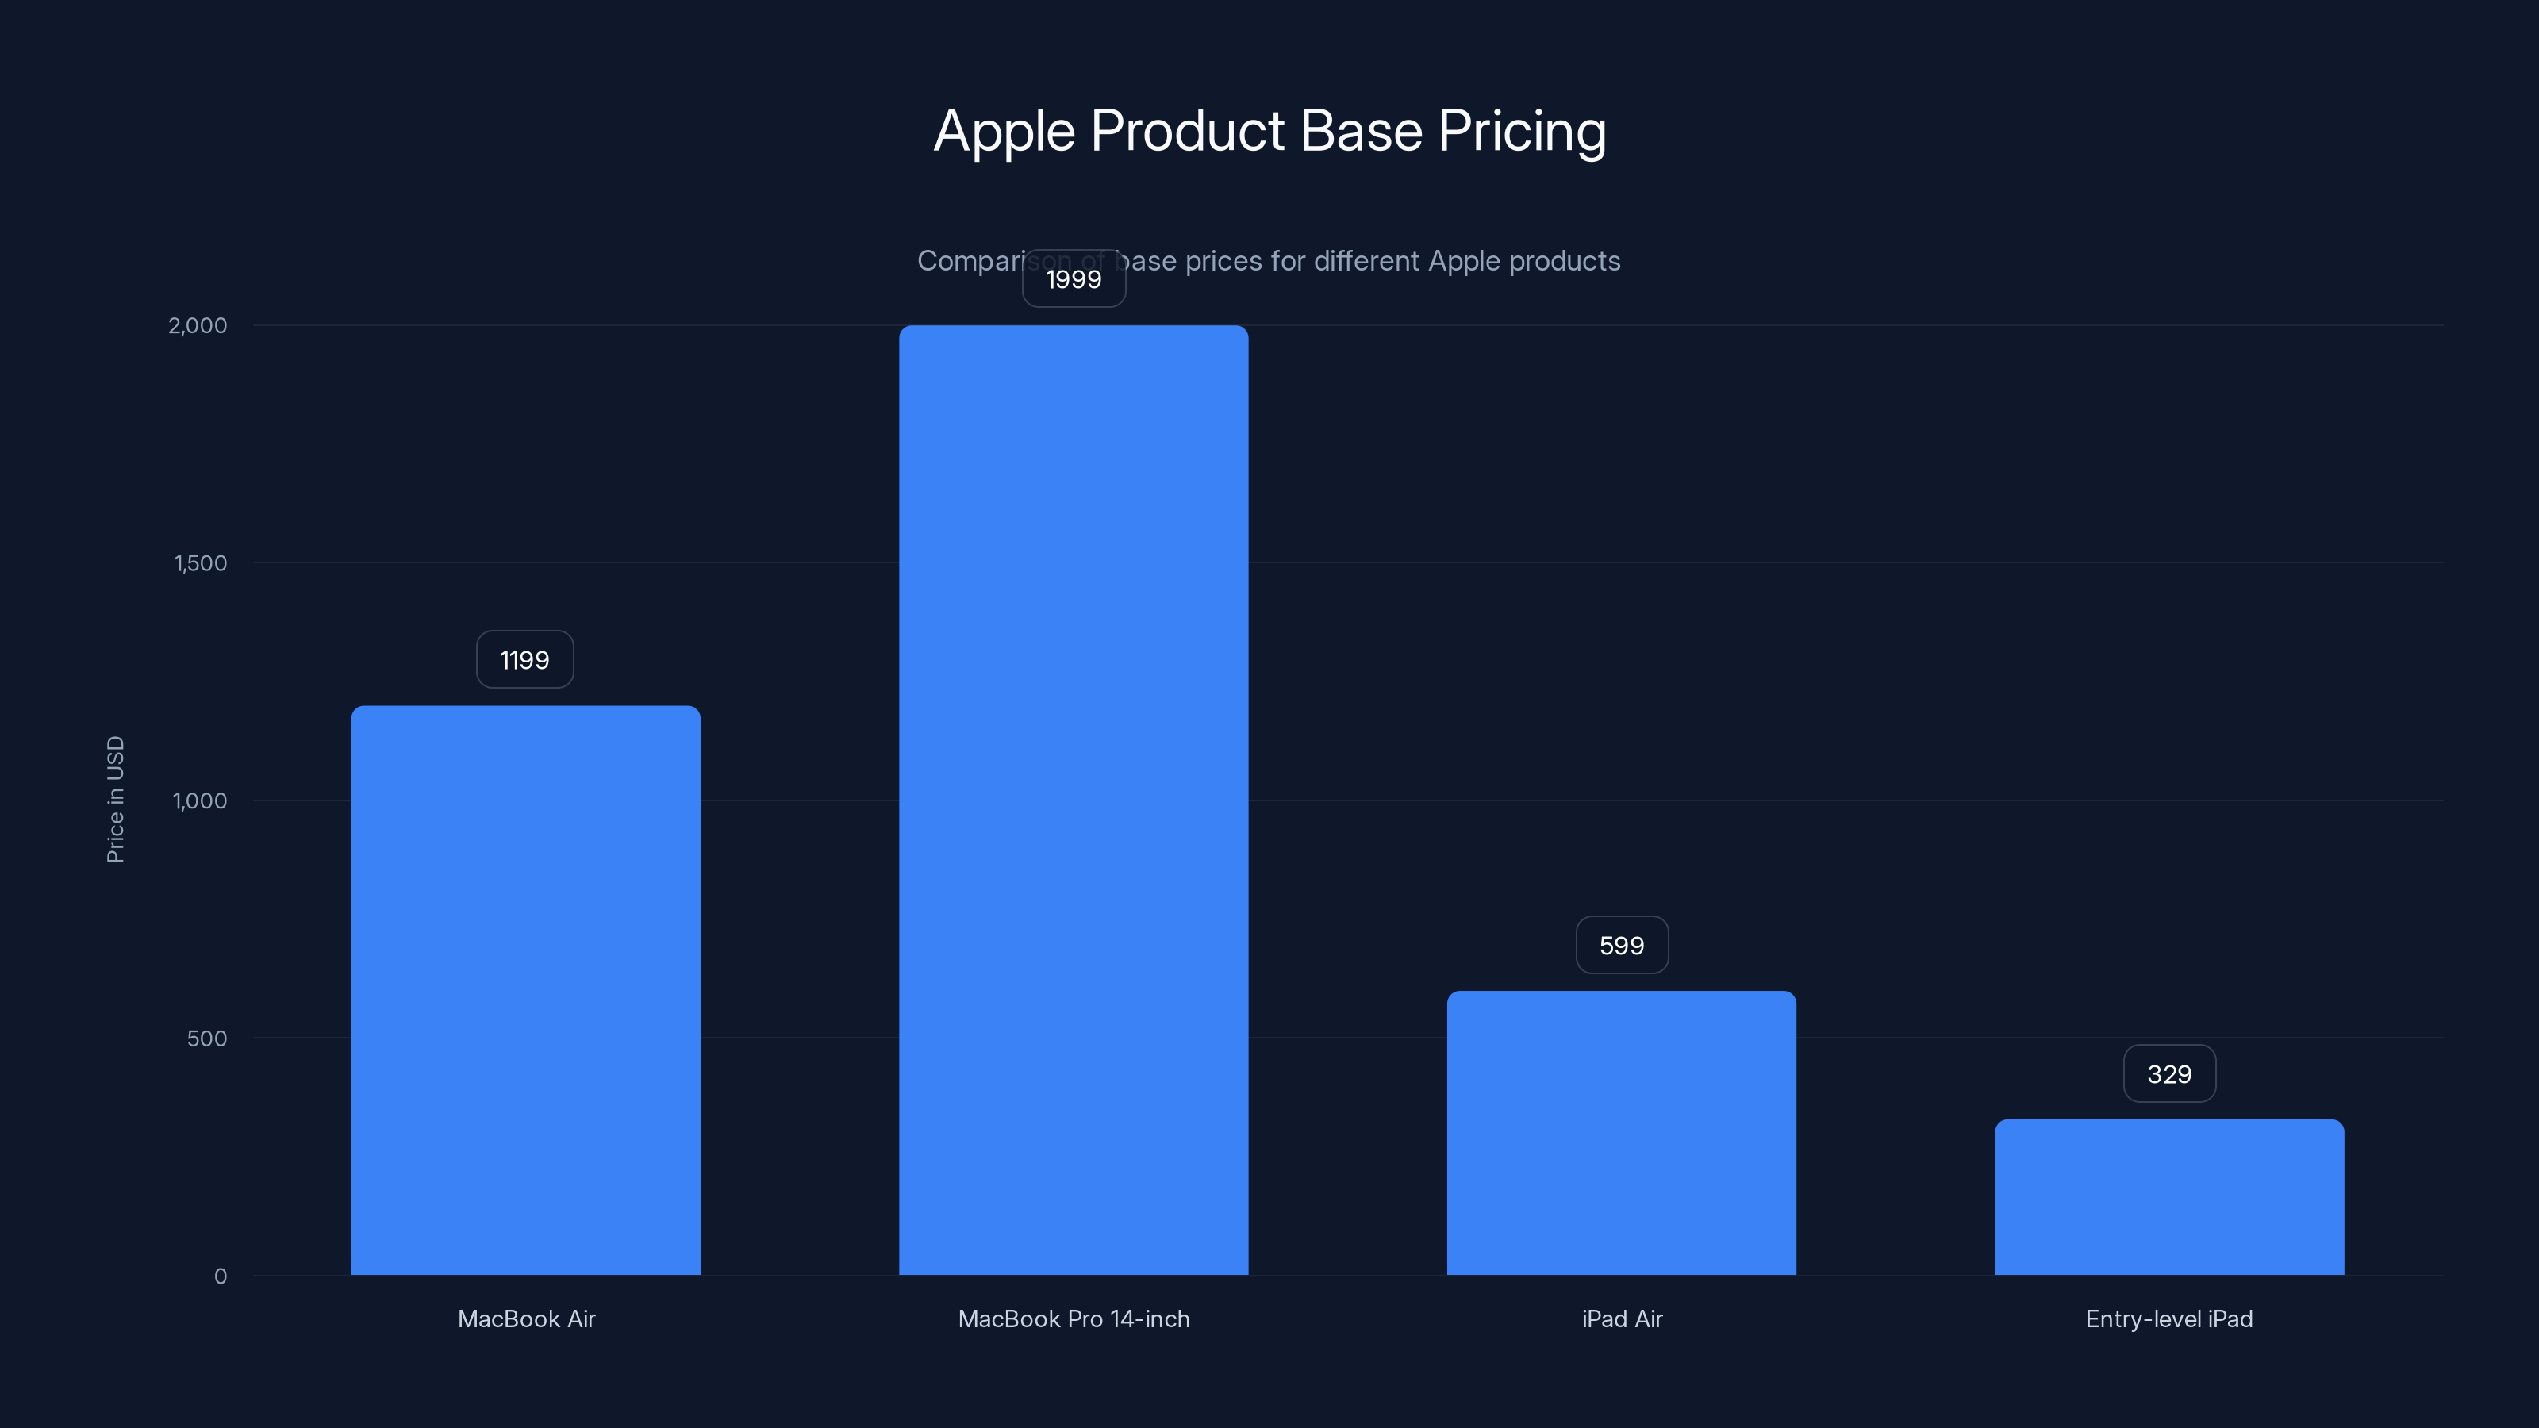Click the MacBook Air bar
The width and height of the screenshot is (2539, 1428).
pos(525,989)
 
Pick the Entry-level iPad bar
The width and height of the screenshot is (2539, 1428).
pos(2169,1196)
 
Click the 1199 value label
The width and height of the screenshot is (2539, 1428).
pos(524,659)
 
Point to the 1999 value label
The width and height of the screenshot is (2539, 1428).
pos(1074,279)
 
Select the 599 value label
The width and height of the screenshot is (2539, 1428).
pos(1621,945)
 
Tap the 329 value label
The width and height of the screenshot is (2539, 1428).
pos(2169,1073)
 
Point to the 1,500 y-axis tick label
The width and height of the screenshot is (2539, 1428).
pos(200,562)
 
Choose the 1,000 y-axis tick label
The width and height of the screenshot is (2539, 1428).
pos(200,800)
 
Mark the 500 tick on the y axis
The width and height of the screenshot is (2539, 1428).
pos(207,1038)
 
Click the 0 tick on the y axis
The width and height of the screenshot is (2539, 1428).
pos(221,1276)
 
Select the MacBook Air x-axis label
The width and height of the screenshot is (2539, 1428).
pos(526,1319)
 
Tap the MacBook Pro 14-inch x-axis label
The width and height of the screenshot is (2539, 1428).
pos(1074,1319)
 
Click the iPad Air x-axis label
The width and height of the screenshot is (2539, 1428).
pos(1621,1319)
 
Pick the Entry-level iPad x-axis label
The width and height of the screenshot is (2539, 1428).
pos(2169,1319)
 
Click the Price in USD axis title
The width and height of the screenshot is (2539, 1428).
pos(115,799)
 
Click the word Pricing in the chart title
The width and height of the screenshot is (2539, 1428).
pos(1522,131)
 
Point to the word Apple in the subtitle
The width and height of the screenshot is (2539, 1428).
pos(1465,261)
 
